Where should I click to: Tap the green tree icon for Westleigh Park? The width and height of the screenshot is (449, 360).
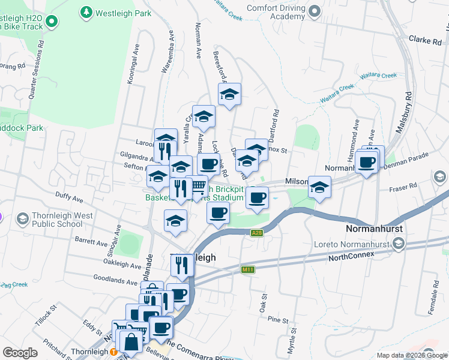tap(86, 11)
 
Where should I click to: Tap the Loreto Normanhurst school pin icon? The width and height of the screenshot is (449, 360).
tap(399, 244)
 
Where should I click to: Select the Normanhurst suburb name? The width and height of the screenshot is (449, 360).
tap(378, 229)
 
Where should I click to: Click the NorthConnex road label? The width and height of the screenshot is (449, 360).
tap(351, 256)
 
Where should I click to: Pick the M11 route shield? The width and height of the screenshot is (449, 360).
tap(247, 269)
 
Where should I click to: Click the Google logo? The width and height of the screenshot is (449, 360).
tap(20, 353)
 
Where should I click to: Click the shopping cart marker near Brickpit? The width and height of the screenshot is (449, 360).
tap(198, 188)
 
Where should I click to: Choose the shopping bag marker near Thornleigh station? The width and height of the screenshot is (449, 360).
tap(130, 343)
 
